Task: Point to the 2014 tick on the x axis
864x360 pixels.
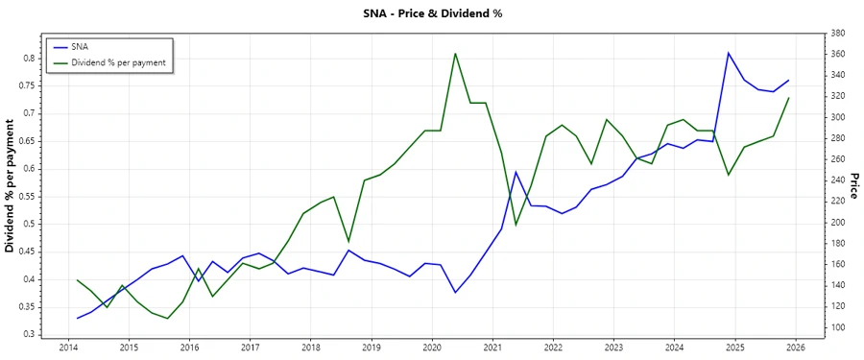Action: [x=68, y=347]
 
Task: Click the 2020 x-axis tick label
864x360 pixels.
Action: [x=431, y=347]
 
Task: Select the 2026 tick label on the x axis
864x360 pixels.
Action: [x=795, y=347]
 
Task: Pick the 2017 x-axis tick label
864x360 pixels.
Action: [x=250, y=347]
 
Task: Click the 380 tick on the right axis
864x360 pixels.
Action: [x=837, y=34]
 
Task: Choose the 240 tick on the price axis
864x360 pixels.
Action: [x=837, y=180]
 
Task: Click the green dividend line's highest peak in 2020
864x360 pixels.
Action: [x=455, y=53]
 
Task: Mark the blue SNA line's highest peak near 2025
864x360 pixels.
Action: [x=728, y=53]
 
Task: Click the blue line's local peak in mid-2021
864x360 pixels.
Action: [x=516, y=172]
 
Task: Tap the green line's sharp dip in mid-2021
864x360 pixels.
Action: [x=516, y=225]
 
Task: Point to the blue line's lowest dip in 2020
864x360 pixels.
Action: [x=455, y=292]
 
